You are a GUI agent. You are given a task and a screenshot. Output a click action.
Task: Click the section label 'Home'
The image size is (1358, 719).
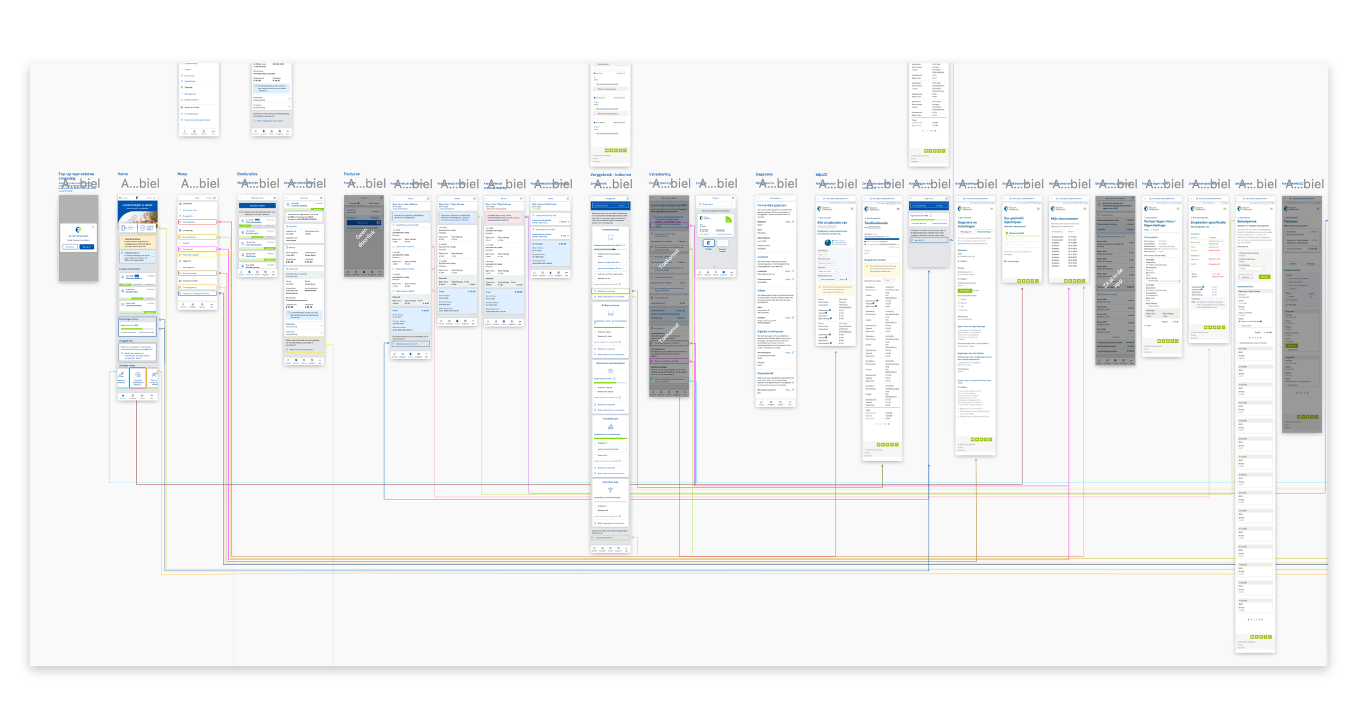[122, 174]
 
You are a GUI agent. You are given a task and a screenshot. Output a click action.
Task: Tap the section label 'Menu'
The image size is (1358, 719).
[182, 174]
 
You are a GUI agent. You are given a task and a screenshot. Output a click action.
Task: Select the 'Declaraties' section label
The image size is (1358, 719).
[247, 174]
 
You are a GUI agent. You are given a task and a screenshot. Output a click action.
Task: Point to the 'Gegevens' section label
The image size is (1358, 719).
[764, 174]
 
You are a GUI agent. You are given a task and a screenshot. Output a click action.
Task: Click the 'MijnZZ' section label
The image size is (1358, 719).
[821, 174]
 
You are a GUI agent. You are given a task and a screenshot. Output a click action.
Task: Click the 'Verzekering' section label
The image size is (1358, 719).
[659, 174]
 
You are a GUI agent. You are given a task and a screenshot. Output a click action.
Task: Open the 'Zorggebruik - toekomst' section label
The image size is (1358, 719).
[611, 174]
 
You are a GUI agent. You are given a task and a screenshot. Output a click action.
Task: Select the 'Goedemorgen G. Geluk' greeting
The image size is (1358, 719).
[137, 205]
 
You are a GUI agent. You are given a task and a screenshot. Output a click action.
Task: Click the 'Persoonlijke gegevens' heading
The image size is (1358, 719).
[772, 205]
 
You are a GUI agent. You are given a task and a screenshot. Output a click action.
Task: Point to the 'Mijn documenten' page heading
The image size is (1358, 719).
[1064, 218]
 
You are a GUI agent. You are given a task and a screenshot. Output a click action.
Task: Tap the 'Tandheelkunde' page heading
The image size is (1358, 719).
[876, 223]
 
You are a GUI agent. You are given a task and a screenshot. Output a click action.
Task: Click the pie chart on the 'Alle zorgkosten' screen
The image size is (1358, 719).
[827, 242]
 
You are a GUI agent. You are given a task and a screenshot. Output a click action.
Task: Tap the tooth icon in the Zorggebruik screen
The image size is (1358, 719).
[611, 237]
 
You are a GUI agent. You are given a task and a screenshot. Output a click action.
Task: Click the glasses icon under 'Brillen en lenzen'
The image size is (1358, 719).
[611, 313]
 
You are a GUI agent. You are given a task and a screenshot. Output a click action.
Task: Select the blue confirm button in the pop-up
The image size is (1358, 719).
[87, 247]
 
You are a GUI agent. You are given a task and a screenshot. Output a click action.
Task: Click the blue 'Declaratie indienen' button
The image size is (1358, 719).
[257, 206]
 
